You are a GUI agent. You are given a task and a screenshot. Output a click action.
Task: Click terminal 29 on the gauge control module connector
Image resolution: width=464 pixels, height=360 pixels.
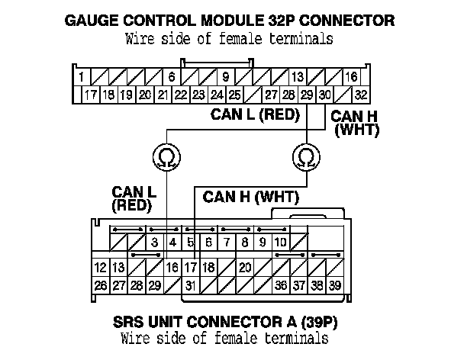point(307,95)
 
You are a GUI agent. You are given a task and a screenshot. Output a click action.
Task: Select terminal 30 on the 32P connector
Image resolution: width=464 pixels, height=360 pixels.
point(325,95)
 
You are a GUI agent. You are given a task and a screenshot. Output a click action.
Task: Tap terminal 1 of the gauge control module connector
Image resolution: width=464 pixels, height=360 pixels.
point(80,77)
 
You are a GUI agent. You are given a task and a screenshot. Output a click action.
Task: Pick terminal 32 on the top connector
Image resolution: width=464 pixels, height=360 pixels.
point(362,95)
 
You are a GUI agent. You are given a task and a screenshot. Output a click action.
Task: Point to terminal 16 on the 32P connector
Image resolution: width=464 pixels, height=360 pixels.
point(352,77)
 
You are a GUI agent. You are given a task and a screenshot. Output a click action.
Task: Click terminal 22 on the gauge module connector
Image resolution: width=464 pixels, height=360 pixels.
point(180,95)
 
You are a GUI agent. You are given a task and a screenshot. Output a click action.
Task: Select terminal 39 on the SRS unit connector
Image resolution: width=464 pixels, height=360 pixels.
point(335,286)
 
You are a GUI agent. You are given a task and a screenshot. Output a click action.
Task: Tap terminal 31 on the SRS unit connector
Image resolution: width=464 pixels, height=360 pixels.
point(190,286)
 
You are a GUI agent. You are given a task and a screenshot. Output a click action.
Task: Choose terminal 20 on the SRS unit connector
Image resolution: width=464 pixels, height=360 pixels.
point(245,268)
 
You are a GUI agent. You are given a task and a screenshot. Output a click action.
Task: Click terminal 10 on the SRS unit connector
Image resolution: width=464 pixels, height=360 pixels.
point(280,243)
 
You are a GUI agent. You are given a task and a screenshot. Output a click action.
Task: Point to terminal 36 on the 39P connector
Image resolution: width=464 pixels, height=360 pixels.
point(281,286)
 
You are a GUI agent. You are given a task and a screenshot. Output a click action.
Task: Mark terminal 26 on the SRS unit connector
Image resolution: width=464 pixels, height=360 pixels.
point(100,286)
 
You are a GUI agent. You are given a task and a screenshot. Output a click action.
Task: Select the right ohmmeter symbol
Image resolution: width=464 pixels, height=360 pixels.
point(304,156)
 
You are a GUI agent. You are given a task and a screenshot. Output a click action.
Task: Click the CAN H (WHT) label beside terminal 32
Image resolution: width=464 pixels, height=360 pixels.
point(356,122)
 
